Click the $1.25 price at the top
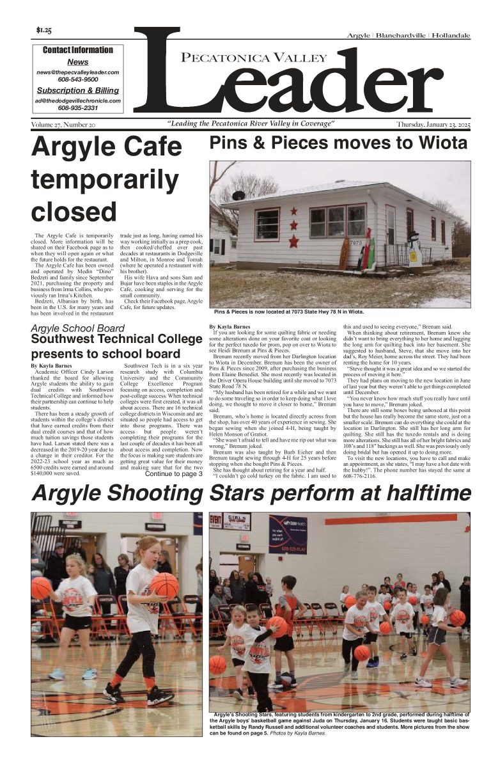(x=44, y=29)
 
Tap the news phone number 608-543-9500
(x=78, y=80)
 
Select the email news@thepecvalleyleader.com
(x=78, y=72)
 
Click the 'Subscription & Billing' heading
(x=77, y=90)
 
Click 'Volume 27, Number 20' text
(x=63, y=124)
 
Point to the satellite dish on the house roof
(x=238, y=195)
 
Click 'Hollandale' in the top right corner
(x=451, y=36)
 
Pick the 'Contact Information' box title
(x=77, y=50)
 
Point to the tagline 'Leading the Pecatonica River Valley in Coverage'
(x=251, y=123)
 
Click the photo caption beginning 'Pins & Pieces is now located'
(x=288, y=312)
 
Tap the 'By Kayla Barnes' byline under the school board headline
(x=52, y=365)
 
